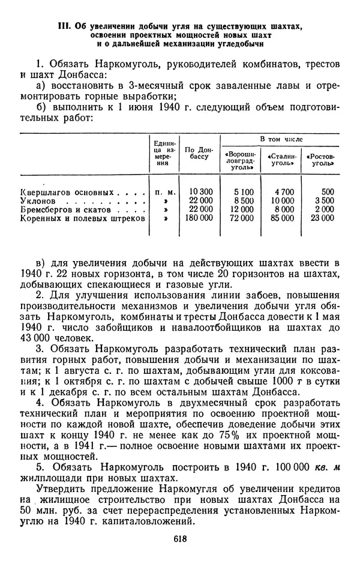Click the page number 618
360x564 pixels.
pos(180,538)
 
